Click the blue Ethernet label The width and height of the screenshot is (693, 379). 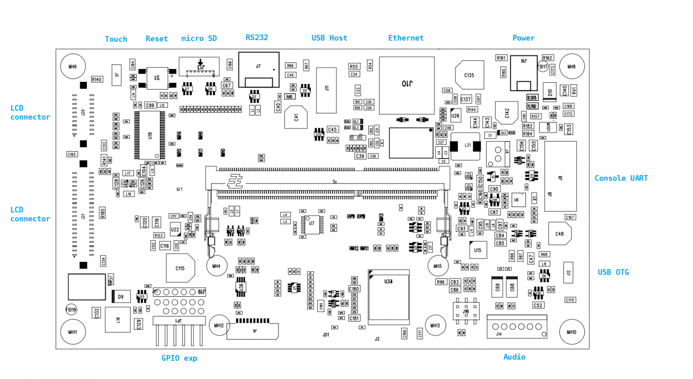coord(406,38)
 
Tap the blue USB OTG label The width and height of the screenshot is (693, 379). coord(613,272)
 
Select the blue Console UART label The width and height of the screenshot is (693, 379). coord(621,178)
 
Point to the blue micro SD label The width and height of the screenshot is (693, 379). coord(199,39)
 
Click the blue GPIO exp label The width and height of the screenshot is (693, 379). coord(179,358)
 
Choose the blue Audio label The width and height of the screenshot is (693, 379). coord(514,357)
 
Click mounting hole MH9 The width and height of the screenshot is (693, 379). coord(73,66)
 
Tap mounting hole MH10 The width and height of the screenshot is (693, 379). coord(572,332)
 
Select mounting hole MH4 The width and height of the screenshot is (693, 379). coord(216,266)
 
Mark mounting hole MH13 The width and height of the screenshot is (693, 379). coord(435,325)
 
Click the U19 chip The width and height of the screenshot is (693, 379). coord(149,135)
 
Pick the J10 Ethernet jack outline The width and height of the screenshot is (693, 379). coord(406,85)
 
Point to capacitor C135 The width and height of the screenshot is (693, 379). coord(469,75)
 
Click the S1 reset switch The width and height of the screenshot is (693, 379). coord(157,78)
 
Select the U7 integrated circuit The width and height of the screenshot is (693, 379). coord(311,224)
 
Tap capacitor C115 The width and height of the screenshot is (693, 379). coord(180,268)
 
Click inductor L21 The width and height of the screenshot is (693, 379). coord(465,146)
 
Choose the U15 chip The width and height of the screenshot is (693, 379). coord(478,250)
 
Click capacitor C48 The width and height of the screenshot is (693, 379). coord(559,234)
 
